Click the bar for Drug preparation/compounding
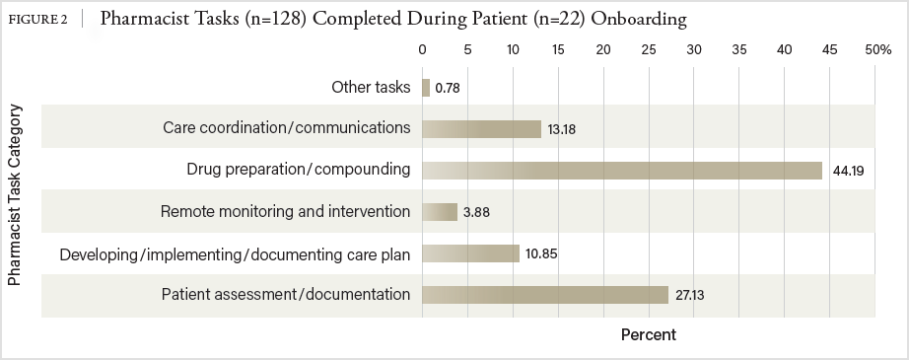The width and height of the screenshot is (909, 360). click(x=622, y=171)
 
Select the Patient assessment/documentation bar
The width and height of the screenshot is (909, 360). click(x=545, y=295)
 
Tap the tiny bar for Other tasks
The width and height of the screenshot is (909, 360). click(x=426, y=88)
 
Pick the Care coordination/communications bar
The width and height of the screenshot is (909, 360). click(x=482, y=128)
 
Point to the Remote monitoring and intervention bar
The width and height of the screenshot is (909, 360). click(x=440, y=212)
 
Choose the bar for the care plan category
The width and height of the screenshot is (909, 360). click(x=470, y=253)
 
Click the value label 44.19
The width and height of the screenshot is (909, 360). click(x=848, y=171)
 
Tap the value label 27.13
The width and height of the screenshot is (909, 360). click(x=690, y=296)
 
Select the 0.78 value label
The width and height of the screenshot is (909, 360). click(x=448, y=88)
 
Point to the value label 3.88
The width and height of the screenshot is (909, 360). click(x=476, y=212)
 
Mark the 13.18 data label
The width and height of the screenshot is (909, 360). click(x=562, y=129)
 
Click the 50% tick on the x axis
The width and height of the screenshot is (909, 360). click(x=878, y=50)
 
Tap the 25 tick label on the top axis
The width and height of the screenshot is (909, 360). click(x=649, y=50)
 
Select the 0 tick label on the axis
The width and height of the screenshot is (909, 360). click(x=423, y=50)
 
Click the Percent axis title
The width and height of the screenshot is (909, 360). click(x=649, y=335)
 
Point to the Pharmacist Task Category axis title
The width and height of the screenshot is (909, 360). click(x=15, y=194)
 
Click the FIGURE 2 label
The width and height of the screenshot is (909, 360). click(x=37, y=20)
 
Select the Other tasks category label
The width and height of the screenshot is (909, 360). click(x=371, y=87)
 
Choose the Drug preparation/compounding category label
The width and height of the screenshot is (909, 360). click(x=299, y=170)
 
